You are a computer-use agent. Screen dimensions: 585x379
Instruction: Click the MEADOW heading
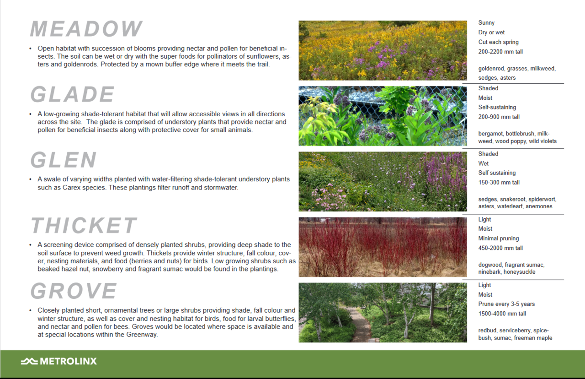tap(86, 29)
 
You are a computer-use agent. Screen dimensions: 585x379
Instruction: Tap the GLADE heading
tap(72, 94)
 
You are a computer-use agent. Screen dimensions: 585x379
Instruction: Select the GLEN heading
tap(64, 160)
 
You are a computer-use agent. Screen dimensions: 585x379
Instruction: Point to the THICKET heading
tap(84, 225)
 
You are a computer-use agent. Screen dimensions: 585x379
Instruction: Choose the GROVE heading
tap(74, 291)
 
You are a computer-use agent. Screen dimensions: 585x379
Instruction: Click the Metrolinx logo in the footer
tap(59, 361)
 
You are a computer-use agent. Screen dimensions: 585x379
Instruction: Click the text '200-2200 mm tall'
tap(500, 52)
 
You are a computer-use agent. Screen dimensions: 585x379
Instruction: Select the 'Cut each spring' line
tap(498, 42)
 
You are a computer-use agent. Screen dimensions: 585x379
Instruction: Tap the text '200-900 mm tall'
tap(499, 117)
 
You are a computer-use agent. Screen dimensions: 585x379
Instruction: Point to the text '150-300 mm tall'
tap(499, 183)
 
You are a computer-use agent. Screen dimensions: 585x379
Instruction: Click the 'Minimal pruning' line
tap(499, 238)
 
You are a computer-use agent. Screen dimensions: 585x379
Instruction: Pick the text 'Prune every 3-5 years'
tap(506, 304)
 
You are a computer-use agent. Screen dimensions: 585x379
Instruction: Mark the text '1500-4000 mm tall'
tap(502, 314)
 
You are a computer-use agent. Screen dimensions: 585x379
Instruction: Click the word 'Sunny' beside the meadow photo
tap(486, 23)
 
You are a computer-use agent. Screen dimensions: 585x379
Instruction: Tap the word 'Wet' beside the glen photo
tap(484, 163)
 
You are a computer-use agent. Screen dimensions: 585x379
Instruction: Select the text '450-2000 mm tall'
tap(500, 248)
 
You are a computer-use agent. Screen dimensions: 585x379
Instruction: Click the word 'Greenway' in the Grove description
tap(142, 335)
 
